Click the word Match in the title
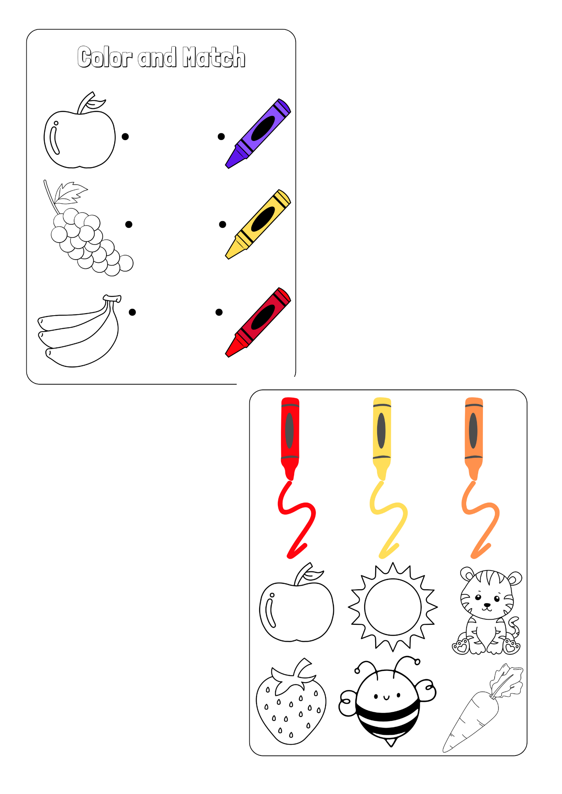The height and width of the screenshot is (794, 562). click(214, 57)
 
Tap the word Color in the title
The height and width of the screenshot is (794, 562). click(105, 57)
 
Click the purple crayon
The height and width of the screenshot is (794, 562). click(258, 133)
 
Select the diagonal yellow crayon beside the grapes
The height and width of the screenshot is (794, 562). click(258, 224)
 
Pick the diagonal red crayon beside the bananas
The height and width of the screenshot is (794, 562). click(258, 322)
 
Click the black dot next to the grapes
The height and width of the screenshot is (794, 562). click(129, 225)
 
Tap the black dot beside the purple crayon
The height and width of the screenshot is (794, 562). click(221, 137)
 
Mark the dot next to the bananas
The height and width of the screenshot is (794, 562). click(132, 312)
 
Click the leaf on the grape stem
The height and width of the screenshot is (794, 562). click(70, 193)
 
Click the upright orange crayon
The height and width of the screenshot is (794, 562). click(474, 439)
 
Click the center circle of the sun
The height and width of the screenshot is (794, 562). click(393, 607)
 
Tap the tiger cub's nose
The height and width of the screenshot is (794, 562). click(487, 605)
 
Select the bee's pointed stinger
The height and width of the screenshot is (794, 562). click(391, 742)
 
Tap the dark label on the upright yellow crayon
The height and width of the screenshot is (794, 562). click(381, 431)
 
